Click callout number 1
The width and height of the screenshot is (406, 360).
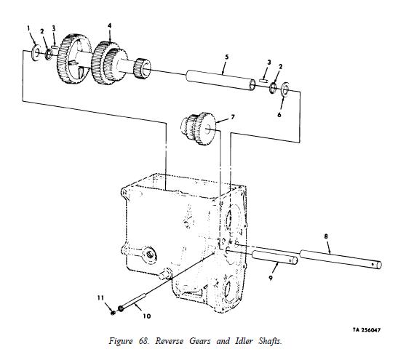coord(29,28)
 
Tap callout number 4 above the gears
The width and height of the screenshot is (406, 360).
coord(110,25)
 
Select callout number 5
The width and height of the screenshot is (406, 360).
coord(227,57)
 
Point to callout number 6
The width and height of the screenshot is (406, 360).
coord(279,114)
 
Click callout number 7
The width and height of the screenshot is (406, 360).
coord(233,117)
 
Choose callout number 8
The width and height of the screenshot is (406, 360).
coord(326,236)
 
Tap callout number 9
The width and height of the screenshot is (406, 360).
coord(271,279)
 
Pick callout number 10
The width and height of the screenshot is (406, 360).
coord(146,316)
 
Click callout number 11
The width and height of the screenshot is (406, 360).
coord(100,298)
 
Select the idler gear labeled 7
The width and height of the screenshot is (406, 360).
coord(198,129)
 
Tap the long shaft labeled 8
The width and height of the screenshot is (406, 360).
coord(341,259)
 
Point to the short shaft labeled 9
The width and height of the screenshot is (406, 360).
coord(274,257)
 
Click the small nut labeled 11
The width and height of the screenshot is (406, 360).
coord(113,313)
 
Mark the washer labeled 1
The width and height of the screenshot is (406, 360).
coord(36,52)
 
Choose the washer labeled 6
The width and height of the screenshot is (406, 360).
coord(285,89)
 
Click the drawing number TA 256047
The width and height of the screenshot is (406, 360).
coord(367,330)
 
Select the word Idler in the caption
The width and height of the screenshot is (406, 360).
coord(244,341)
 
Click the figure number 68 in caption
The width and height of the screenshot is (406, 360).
coord(144,341)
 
